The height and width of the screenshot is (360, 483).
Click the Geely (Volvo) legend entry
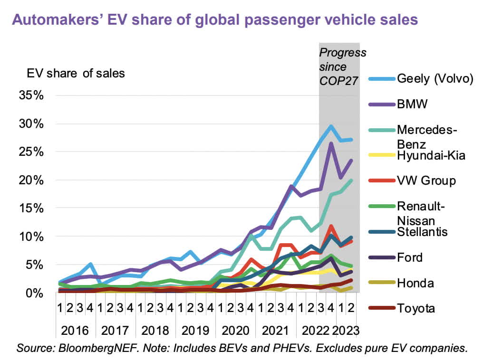(435, 78)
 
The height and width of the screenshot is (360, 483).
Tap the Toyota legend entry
(416, 308)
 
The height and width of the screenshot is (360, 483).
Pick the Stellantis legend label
(422, 232)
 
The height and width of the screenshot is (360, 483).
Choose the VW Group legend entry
(426, 180)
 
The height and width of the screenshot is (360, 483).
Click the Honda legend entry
(415, 283)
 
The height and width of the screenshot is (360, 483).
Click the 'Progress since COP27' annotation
(342, 66)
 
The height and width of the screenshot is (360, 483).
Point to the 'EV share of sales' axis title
(76, 73)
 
